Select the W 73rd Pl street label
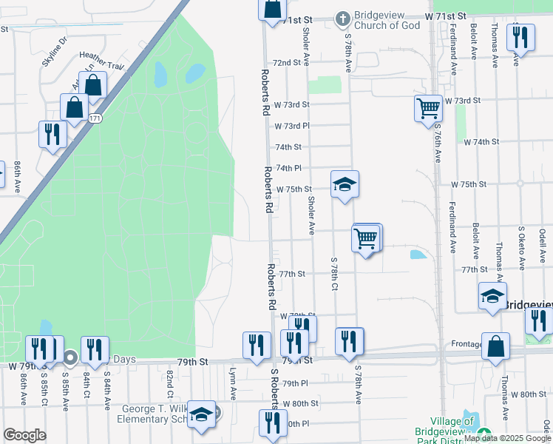291,126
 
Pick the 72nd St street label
287,63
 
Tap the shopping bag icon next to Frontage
495,346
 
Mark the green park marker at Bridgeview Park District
484,434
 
